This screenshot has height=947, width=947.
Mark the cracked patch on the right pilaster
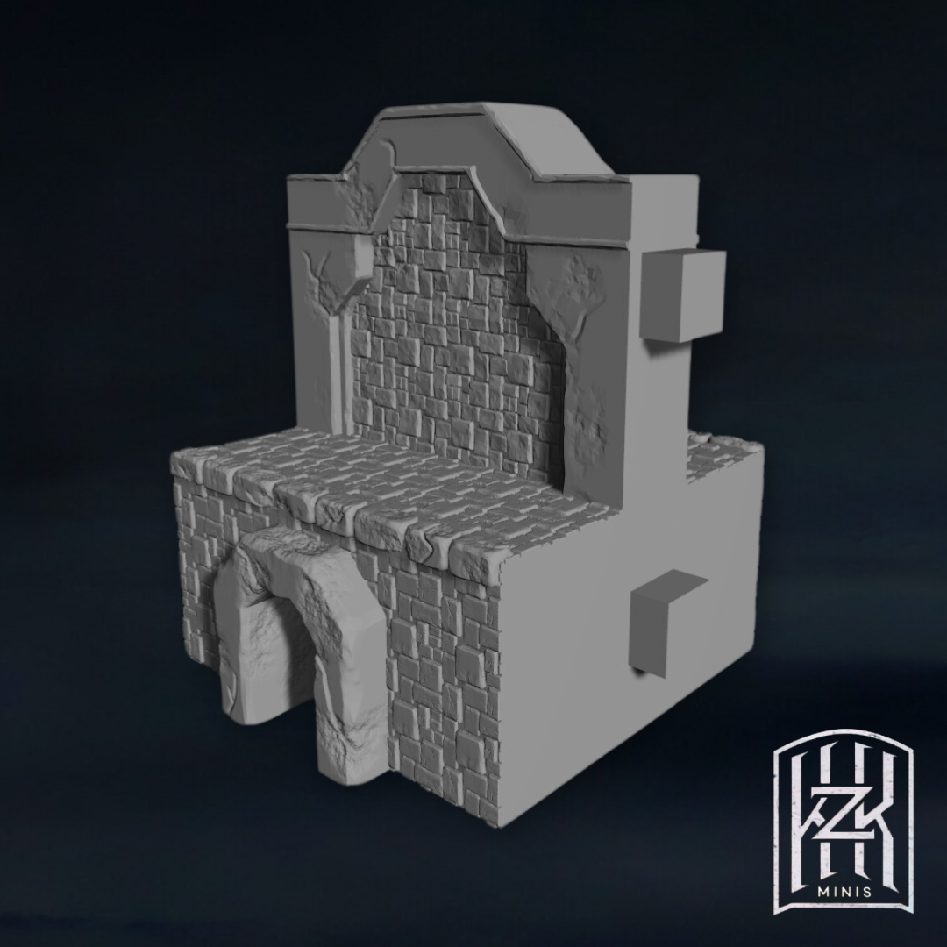coord(579,284)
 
